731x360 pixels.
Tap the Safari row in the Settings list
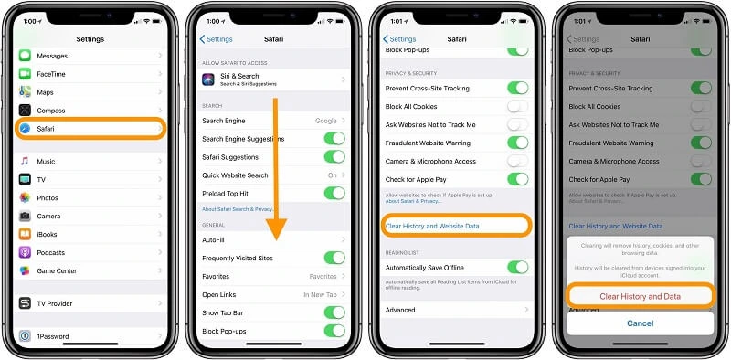point(89,129)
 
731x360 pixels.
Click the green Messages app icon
point(25,56)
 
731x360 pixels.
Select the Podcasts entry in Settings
point(52,252)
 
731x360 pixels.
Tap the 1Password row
point(89,337)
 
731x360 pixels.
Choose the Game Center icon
point(25,270)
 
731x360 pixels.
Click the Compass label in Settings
point(52,111)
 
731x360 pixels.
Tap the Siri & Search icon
point(208,79)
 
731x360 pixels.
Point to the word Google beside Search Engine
point(325,121)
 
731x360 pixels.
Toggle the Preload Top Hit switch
point(334,193)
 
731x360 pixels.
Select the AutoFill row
point(272,239)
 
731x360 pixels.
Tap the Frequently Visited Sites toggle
point(334,258)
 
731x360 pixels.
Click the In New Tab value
point(320,294)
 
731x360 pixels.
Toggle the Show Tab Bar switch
point(334,312)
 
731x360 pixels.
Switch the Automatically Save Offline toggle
point(517,267)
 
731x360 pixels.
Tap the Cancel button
point(639,323)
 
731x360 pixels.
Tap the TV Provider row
point(89,303)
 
